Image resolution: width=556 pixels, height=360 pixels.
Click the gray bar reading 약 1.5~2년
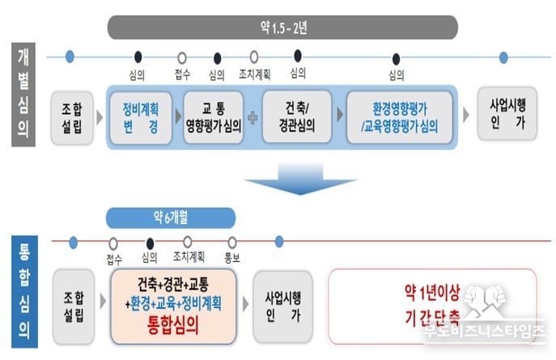coord(282,28)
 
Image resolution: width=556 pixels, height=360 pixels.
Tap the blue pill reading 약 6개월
coord(171,218)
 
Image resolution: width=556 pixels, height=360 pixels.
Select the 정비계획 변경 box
coord(141,117)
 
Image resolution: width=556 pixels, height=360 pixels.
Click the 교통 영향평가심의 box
coord(214,117)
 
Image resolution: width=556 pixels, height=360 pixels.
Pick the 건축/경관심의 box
coord(297,117)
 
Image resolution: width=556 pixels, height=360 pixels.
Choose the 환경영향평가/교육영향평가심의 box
coord(400,117)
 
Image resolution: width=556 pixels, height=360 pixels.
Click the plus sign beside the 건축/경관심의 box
coord(253,118)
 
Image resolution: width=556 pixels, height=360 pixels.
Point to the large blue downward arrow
coord(300,179)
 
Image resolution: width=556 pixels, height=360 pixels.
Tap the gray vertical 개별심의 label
coord(23,95)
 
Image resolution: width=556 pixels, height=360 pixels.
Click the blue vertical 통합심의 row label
coord(24,291)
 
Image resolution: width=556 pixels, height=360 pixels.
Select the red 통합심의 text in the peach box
coord(172,325)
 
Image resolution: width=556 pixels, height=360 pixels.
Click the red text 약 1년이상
coord(432,293)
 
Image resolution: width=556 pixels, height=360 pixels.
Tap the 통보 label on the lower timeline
coord(232,257)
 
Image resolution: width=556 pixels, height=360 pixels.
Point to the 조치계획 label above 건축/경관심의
coord(255,74)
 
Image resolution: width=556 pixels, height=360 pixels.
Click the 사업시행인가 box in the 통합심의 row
coord(283,307)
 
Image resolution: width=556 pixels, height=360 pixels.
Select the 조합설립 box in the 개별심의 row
coord(72,118)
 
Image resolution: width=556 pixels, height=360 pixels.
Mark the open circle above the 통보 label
coord(232,243)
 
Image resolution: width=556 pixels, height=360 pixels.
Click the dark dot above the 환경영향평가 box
coord(396,59)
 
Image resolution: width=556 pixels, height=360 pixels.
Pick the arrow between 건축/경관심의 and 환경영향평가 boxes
coord(340,114)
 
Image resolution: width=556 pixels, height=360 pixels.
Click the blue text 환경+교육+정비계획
coord(176,303)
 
